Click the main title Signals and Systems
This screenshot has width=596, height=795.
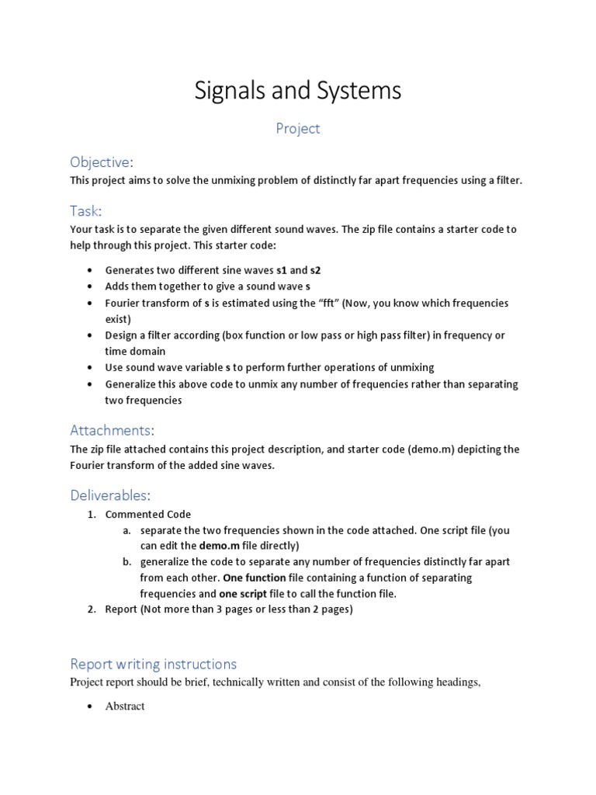click(x=298, y=91)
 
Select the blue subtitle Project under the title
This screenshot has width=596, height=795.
click(x=298, y=129)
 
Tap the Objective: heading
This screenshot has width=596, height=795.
click(x=102, y=161)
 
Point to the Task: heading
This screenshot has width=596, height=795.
click(x=86, y=210)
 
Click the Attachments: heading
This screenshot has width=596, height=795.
click(x=113, y=430)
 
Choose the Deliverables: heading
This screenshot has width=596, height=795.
click(x=110, y=495)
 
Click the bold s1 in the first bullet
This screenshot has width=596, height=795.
click(x=282, y=270)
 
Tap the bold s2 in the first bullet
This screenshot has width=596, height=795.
click(x=315, y=270)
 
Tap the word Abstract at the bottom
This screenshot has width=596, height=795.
click(x=125, y=706)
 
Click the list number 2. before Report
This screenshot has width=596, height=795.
click(x=91, y=609)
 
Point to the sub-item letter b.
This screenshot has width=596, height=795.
click(x=126, y=561)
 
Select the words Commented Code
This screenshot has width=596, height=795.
click(x=148, y=514)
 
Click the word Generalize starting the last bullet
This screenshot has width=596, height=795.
click(x=133, y=384)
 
